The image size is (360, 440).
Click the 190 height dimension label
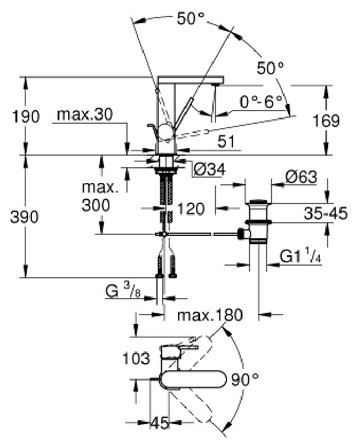click(x=26, y=117)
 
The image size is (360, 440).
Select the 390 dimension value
click(x=24, y=217)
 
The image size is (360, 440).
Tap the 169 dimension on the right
click(x=326, y=120)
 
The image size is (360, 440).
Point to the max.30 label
click(x=85, y=114)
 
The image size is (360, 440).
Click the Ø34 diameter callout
click(x=209, y=169)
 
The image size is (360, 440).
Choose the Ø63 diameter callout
click(x=301, y=177)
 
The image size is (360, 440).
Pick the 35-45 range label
click(x=325, y=213)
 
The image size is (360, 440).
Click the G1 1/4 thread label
click(x=300, y=256)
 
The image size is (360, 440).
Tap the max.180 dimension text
click(x=210, y=315)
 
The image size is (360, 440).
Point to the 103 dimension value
click(x=136, y=359)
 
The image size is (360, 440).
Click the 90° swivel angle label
click(x=245, y=380)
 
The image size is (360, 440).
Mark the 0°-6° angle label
click(x=261, y=102)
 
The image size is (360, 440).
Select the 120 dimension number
click(x=191, y=209)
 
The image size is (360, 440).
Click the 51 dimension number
click(x=226, y=142)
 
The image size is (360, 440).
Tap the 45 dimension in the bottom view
click(x=160, y=423)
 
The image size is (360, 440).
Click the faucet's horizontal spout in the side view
click(x=191, y=80)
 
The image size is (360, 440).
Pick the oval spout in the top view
click(x=192, y=380)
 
